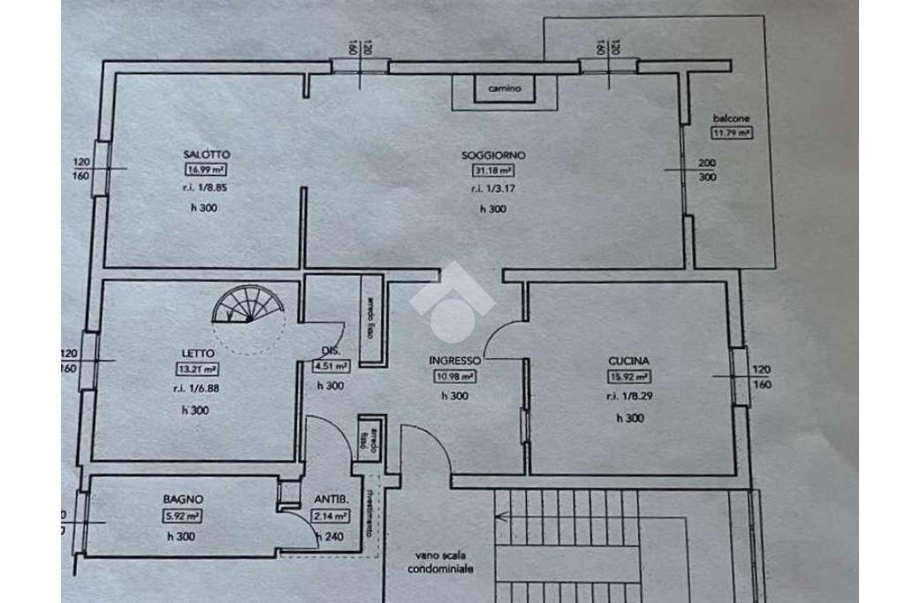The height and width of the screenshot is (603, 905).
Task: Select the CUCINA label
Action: [629, 361]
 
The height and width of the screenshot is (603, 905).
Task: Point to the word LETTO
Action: [198, 354]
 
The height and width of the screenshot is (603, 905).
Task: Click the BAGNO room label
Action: [183, 499]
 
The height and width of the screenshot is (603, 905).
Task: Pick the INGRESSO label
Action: [454, 361]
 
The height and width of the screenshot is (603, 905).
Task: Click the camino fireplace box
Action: [505, 88]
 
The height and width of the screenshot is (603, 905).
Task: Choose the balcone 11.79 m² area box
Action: [732, 134]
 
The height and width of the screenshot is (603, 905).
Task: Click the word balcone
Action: [732, 118]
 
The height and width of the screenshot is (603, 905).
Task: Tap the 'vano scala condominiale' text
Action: [445, 562]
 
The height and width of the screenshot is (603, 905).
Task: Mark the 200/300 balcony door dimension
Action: [707, 170]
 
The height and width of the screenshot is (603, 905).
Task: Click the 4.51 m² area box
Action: [331, 369]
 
